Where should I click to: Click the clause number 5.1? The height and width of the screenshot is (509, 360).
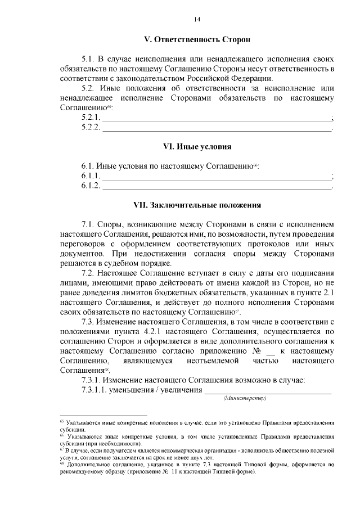(89, 59)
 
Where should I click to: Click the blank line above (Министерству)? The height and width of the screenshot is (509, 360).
(268, 391)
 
